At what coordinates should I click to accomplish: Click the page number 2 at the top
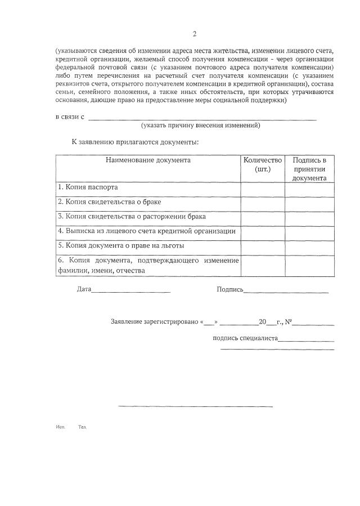[x=195, y=34]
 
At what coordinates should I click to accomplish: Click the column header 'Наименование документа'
[x=148, y=160]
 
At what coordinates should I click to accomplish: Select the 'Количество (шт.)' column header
[x=263, y=164]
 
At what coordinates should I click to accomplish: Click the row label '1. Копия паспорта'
[x=88, y=187]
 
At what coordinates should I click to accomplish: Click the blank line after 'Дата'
[x=130, y=290]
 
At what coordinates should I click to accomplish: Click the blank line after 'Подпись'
[x=286, y=290]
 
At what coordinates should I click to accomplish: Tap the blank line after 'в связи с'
[x=202, y=118]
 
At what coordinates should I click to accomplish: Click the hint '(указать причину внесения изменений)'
[x=200, y=126]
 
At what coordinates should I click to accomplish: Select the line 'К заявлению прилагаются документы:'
[x=135, y=141]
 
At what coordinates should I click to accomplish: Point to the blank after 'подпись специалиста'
[x=306, y=339]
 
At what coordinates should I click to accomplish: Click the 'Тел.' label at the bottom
[x=83, y=427]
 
